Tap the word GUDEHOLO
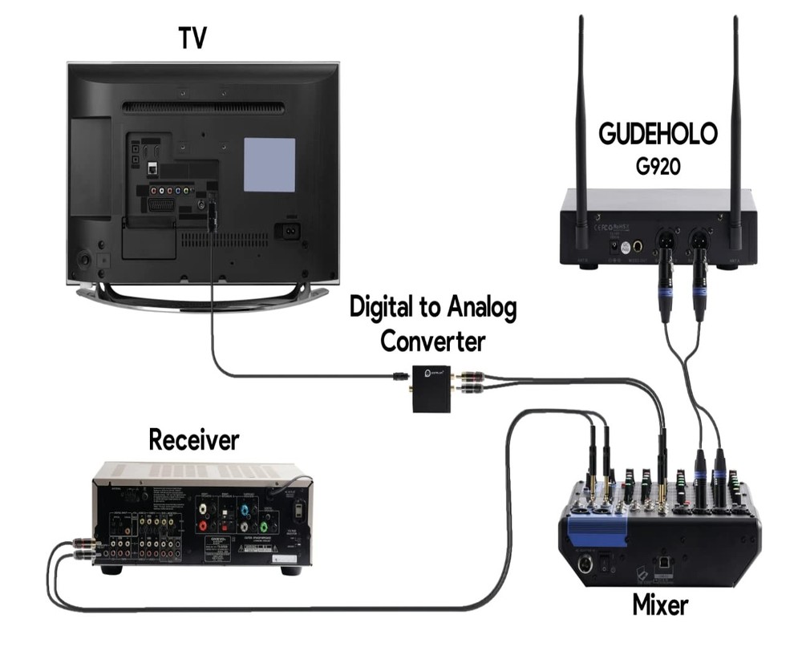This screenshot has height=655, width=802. (x=658, y=134)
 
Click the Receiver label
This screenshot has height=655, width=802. (x=194, y=440)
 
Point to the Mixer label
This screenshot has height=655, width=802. (x=660, y=603)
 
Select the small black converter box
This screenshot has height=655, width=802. (x=431, y=386)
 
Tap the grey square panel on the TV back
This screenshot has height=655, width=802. (x=269, y=164)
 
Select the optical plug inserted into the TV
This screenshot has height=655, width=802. (x=211, y=215)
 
